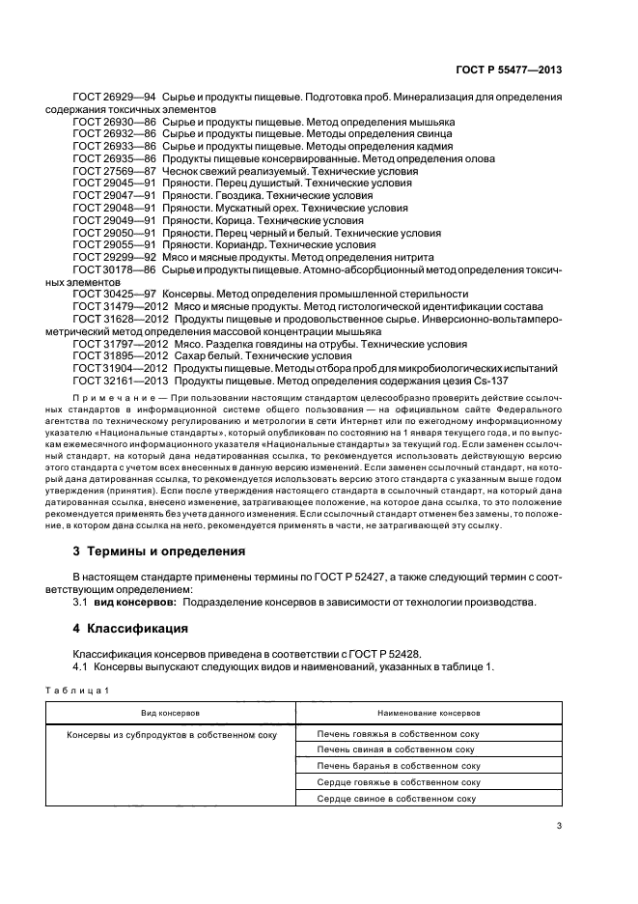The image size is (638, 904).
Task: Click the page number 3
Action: click(x=559, y=825)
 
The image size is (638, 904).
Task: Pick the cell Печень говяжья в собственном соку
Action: click(x=398, y=734)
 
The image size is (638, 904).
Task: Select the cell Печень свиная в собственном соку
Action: click(x=398, y=749)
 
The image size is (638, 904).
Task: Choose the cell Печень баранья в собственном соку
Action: click(x=398, y=766)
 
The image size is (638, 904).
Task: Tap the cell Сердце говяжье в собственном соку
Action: click(x=398, y=782)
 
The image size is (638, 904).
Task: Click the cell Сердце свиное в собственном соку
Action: click(x=398, y=799)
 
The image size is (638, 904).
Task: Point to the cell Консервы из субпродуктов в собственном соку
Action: click(x=171, y=734)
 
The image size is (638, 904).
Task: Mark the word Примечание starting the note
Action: click(x=111, y=398)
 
